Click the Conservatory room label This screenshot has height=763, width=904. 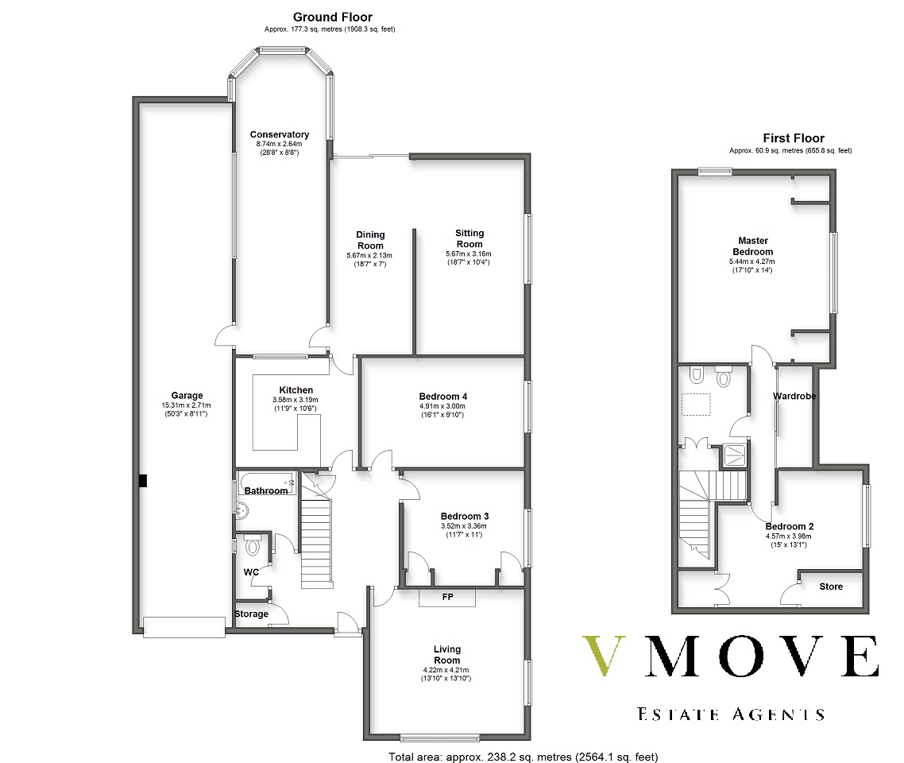280,134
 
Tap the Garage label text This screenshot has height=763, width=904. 187,396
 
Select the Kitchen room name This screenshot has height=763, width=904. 296,390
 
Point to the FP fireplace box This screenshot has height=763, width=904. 447,598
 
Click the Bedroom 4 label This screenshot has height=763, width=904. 442,397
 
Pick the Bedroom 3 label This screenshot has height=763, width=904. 464,516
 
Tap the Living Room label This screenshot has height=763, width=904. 446,655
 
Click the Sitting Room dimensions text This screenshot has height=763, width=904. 469,258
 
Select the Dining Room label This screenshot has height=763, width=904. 370,240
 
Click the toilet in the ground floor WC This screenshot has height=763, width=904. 252,544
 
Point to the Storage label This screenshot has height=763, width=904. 251,614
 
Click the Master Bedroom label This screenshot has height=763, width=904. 753,246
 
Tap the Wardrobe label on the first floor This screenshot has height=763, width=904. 794,397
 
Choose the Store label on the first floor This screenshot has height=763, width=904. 831,587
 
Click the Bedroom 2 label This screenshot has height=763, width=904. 790,526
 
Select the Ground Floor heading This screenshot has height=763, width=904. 333,17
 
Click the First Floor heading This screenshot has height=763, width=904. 794,138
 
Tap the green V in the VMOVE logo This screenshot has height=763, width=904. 604,655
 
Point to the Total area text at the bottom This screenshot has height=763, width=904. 523,757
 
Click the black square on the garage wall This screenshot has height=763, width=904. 143,480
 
